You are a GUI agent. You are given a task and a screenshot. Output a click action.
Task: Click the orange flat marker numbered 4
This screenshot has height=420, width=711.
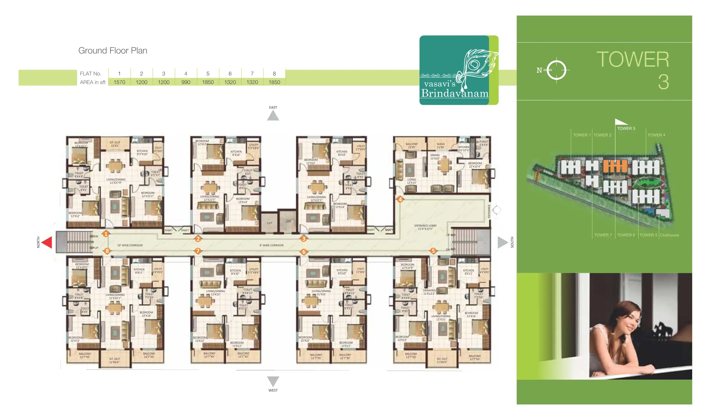coord(400,199)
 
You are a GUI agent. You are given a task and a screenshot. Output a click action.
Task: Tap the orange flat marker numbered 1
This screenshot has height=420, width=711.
coord(106,234)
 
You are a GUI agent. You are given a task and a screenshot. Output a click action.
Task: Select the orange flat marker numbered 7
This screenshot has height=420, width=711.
coord(198,251)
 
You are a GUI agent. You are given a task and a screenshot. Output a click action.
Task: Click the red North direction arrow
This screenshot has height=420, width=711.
coord(47,242)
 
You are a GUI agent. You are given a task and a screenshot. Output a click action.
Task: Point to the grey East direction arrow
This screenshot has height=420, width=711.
coord(273,116)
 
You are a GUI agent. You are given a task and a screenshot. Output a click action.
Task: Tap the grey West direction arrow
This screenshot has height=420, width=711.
coord(273,381)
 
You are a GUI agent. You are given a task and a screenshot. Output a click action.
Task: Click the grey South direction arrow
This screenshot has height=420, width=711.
coord(502,242)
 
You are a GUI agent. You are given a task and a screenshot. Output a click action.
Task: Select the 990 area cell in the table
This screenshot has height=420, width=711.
coord(186,82)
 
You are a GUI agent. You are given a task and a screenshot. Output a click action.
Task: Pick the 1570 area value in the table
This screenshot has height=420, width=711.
coord(119,82)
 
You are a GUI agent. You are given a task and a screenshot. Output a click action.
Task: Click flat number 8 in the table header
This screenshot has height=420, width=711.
coord(274,74)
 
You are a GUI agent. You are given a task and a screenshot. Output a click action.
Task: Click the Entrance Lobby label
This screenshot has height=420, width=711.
coord(425,227)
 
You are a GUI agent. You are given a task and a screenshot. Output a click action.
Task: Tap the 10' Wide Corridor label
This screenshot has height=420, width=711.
coord(130,245)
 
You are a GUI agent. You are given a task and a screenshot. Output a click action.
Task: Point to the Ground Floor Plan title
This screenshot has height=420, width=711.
coord(113,51)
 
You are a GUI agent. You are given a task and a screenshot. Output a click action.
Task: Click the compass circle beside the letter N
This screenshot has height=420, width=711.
coord(556,70)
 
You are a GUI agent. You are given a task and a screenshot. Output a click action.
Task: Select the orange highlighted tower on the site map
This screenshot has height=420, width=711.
coord(615,166)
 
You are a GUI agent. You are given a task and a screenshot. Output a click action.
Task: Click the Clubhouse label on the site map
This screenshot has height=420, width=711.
coord(669,235)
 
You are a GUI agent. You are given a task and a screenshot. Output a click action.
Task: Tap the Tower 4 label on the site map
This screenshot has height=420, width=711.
coord(656,135)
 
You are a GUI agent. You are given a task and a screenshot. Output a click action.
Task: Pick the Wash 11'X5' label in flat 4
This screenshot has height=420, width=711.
coord(440,146)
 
